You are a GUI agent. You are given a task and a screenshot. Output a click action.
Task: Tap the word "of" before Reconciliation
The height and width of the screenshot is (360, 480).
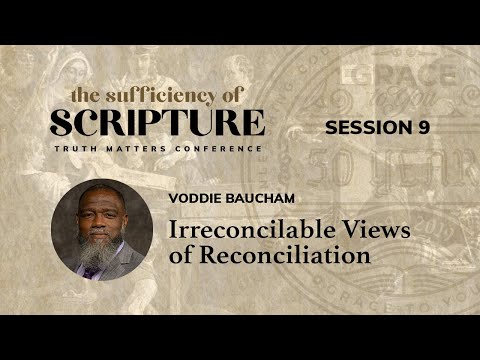(191, 255)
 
